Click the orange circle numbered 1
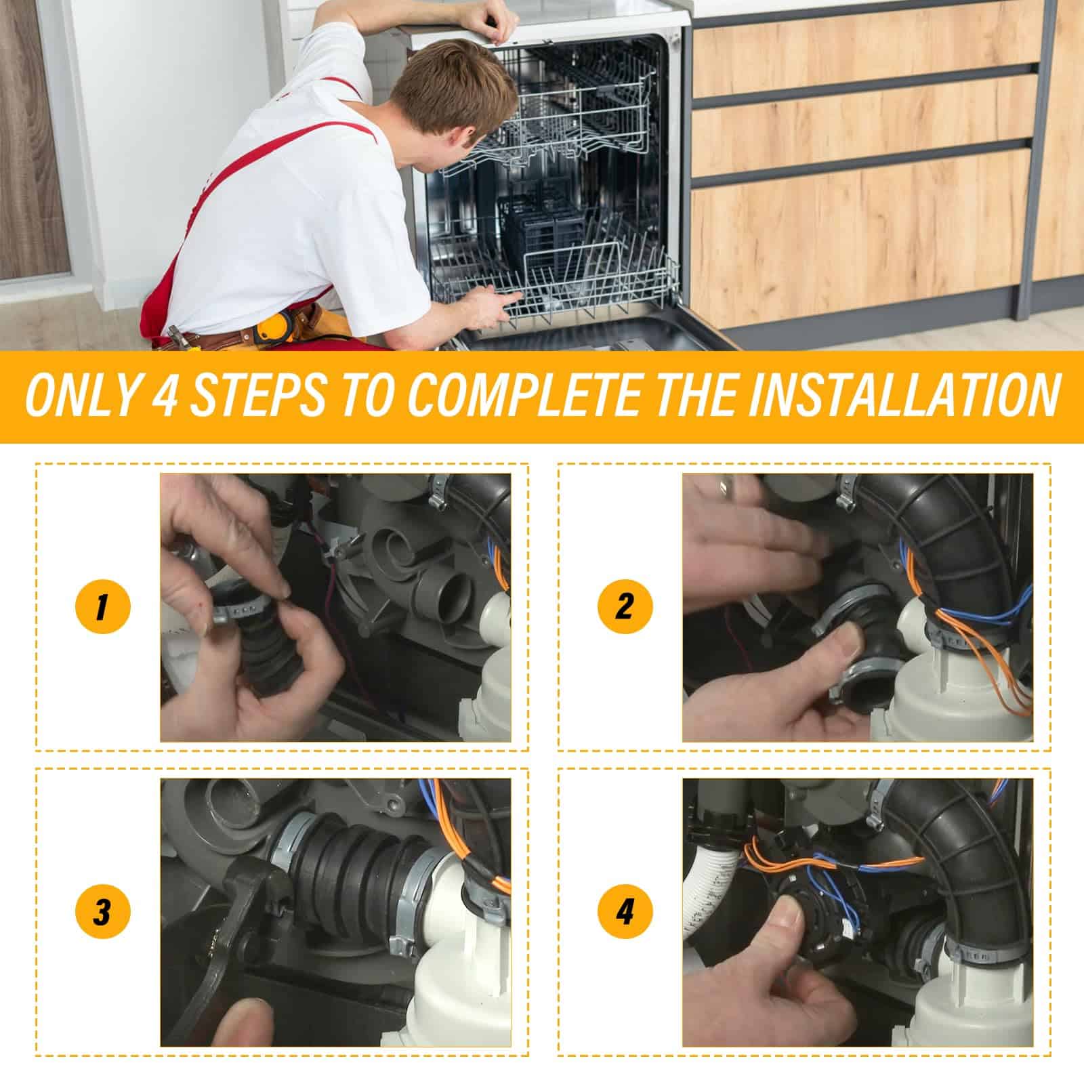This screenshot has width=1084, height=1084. tap(101, 606)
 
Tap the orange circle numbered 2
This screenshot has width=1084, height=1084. tap(624, 606)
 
